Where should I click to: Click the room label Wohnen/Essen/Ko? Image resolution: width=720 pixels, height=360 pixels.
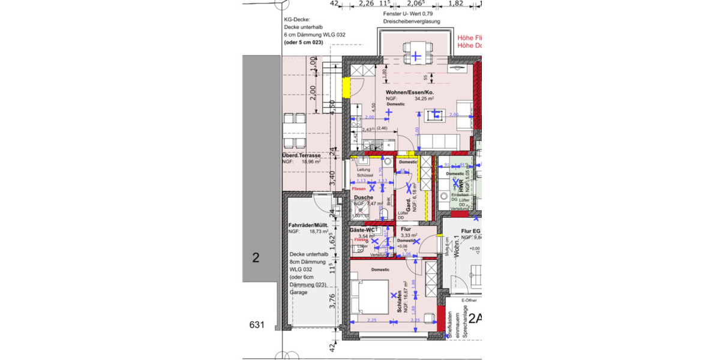(410, 92)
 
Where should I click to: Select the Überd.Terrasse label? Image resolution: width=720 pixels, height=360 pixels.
(301, 155)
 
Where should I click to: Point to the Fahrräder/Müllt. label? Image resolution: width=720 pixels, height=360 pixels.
(308, 226)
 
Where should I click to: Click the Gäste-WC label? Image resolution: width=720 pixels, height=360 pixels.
(362, 230)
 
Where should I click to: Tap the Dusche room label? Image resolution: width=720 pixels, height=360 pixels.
(363, 197)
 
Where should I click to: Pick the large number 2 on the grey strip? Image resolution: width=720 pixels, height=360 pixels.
(256, 258)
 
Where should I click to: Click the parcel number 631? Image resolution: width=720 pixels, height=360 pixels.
(257, 325)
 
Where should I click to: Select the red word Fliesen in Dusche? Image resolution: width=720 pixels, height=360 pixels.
(359, 189)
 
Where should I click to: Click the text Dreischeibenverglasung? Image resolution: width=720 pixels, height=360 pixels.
(412, 22)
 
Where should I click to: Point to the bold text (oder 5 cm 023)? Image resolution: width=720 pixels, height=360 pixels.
(307, 43)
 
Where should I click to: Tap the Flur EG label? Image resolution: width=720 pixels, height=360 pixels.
(470, 231)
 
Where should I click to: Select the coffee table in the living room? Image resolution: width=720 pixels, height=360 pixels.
(437, 114)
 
